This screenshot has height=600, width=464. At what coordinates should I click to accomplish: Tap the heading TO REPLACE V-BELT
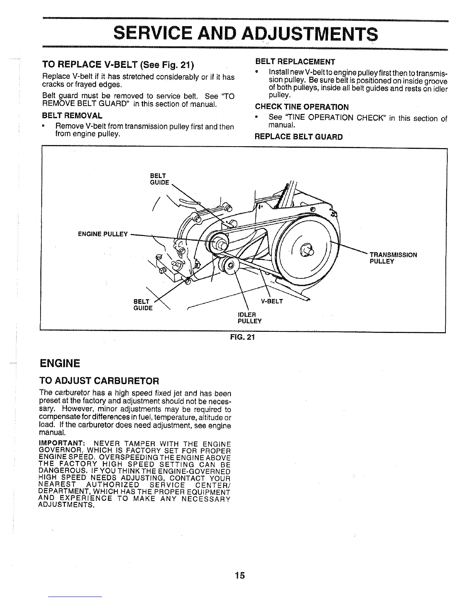(118, 65)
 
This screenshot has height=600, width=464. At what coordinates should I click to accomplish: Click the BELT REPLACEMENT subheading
(295, 62)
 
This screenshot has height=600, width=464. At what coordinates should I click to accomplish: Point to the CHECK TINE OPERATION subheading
(302, 107)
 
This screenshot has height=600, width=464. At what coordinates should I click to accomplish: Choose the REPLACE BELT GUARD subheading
(298, 137)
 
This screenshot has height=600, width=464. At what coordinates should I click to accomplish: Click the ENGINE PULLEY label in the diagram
(102, 234)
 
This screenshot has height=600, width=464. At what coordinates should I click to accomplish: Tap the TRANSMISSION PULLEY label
(393, 258)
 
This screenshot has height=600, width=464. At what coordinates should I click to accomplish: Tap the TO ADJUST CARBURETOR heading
(99, 380)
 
